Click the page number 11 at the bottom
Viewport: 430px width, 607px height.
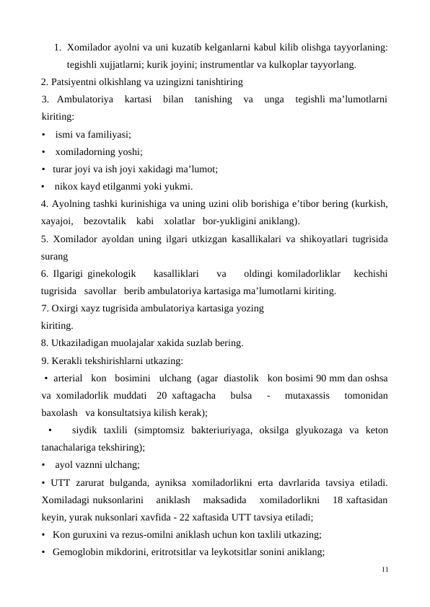385,570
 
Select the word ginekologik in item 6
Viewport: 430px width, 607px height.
110,274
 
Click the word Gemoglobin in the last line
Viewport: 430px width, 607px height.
77,552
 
